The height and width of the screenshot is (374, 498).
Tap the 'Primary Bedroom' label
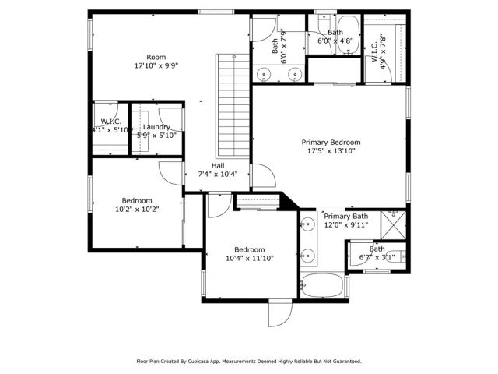coord(331,143)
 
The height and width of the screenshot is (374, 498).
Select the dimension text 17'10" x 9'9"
coord(156,66)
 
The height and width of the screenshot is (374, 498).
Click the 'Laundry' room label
coord(156,126)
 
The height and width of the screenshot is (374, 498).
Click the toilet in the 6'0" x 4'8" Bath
coord(324,19)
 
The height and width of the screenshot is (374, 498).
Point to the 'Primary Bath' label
coord(346,217)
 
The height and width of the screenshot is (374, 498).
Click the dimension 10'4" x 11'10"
coord(250,258)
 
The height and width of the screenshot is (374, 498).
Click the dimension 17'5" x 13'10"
coord(331,152)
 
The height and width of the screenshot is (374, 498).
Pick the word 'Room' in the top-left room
coord(156,57)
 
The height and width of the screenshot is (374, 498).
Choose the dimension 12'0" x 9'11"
coord(346,225)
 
